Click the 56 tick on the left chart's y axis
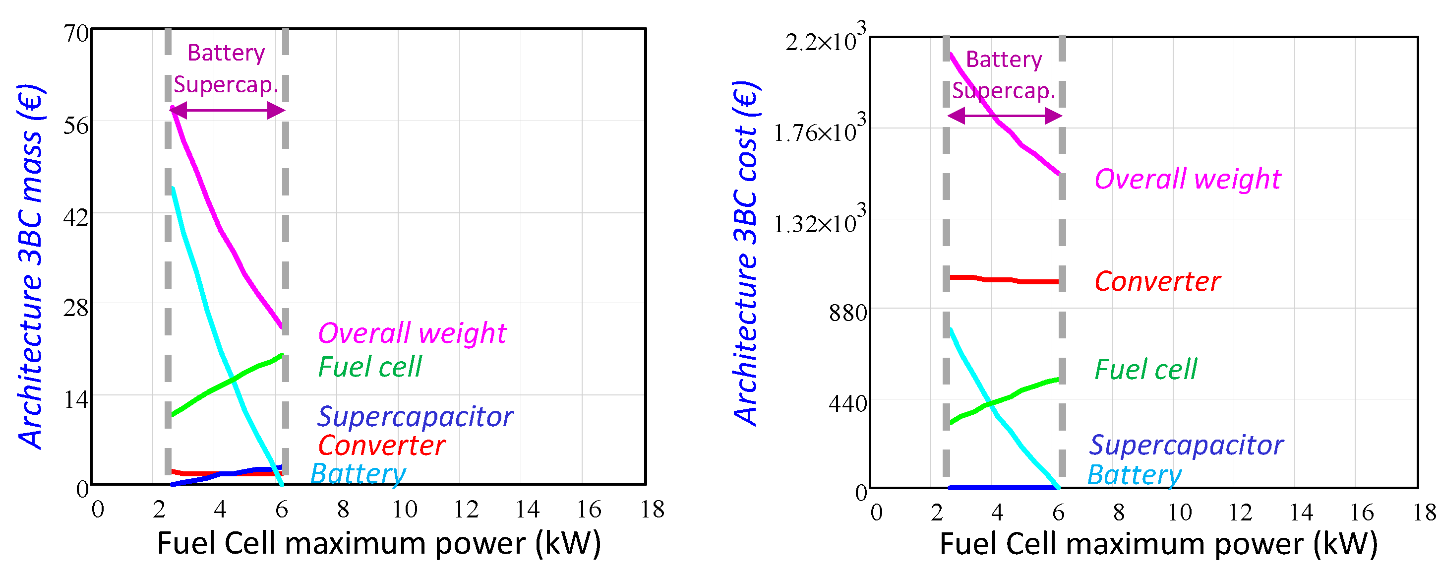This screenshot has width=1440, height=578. (x=76, y=126)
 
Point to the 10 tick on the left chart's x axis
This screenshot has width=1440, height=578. (x=404, y=509)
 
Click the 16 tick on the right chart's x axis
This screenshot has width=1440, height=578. (x=1361, y=512)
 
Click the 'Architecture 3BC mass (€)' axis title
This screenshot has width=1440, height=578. (x=31, y=266)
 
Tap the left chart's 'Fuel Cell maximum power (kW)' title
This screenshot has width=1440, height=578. (x=378, y=543)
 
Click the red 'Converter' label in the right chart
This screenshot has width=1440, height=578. (x=1157, y=281)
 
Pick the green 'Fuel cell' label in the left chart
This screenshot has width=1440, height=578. (x=369, y=368)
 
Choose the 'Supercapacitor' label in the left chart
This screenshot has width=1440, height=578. (x=415, y=417)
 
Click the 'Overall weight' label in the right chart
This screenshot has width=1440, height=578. (x=1187, y=179)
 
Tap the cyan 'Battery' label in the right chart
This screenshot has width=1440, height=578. (x=1134, y=474)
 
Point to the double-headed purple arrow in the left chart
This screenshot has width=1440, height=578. (x=228, y=110)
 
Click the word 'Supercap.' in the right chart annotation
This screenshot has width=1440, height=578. (x=1004, y=91)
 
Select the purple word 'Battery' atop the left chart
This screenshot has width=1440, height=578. (x=226, y=53)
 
